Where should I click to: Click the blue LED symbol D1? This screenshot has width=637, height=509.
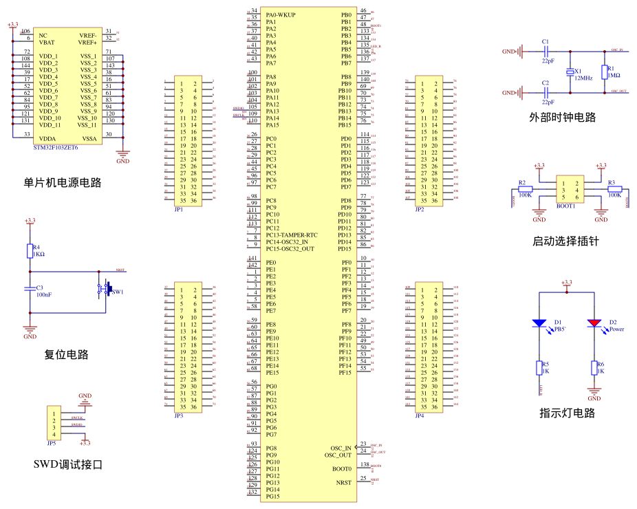click(539, 323)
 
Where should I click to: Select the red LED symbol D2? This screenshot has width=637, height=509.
click(594, 323)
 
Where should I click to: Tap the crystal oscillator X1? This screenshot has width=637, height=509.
click(570, 72)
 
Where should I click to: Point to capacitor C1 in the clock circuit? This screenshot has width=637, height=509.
click(546, 51)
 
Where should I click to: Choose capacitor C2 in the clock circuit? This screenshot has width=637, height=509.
click(546, 92)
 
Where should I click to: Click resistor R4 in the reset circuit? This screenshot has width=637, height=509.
click(30, 250)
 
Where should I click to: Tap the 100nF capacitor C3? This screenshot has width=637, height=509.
click(30, 290)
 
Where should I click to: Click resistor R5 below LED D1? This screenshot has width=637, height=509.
click(539, 369)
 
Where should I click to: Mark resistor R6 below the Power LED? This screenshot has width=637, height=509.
click(594, 369)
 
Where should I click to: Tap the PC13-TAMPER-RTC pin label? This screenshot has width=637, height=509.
click(292, 235)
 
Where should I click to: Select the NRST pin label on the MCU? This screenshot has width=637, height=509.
click(343, 483)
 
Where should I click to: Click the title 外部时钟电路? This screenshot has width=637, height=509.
click(563, 118)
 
